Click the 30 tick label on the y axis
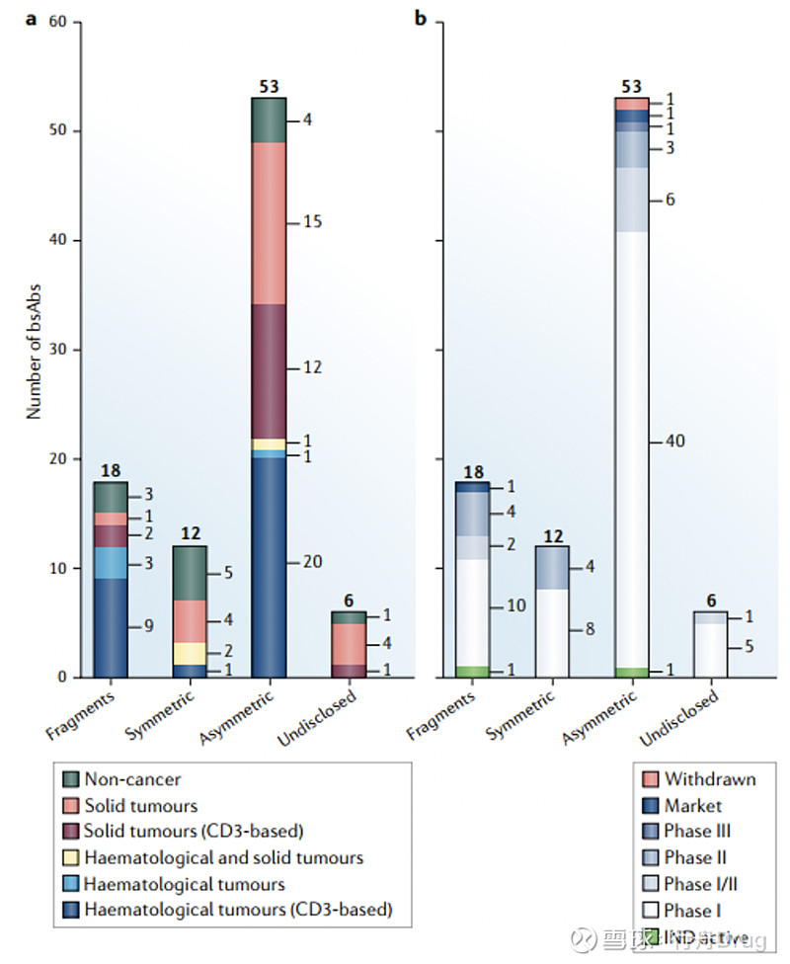(x=56, y=350)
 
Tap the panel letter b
(x=422, y=19)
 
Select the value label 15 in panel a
(x=311, y=223)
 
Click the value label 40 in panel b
(x=674, y=441)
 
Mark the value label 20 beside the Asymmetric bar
(x=312, y=562)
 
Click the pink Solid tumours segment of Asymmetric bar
(x=269, y=223)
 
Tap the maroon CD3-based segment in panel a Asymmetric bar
(x=269, y=371)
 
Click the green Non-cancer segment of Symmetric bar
(x=190, y=573)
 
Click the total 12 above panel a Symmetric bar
(x=190, y=534)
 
